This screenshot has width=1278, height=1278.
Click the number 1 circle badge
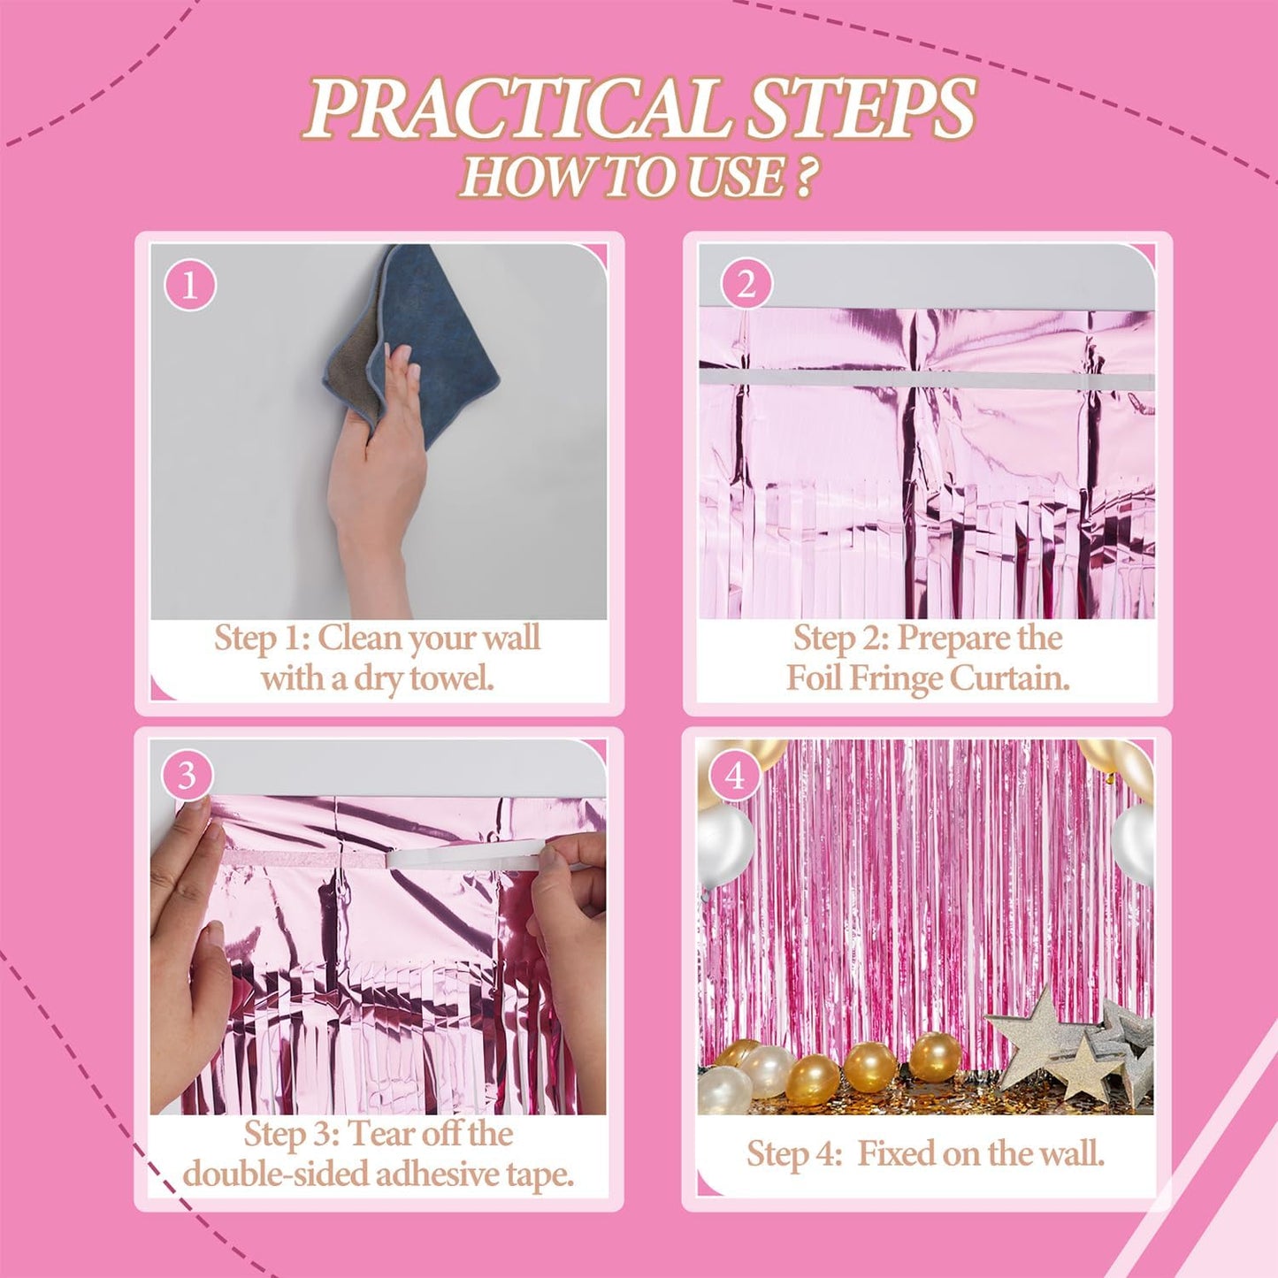tap(189, 286)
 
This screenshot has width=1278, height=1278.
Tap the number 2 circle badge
tap(746, 285)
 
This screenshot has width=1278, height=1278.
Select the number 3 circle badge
tap(187, 776)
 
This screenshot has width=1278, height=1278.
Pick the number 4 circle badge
tap(734, 777)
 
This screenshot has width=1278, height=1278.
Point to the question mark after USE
tap(803, 176)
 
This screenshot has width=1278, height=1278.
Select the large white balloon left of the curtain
tap(724, 845)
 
